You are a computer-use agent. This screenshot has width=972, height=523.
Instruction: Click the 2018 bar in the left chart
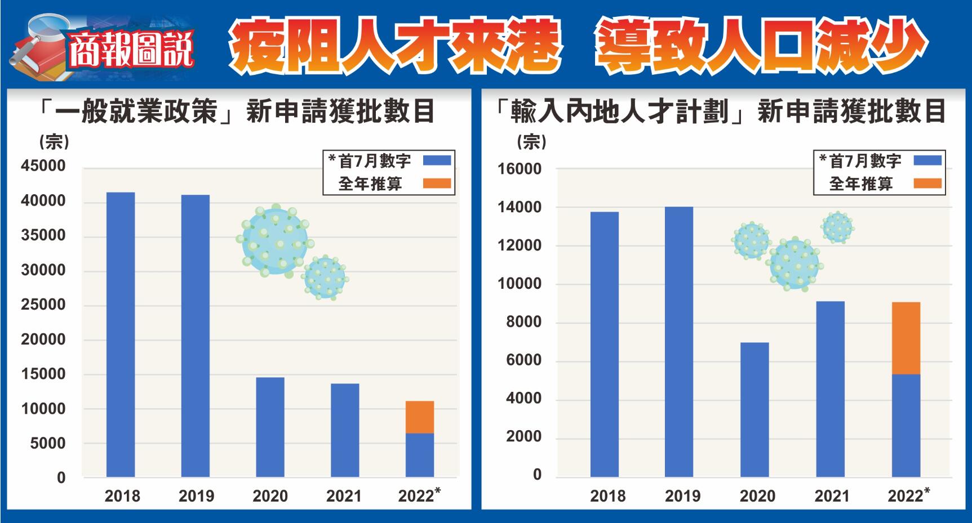(x=121, y=334)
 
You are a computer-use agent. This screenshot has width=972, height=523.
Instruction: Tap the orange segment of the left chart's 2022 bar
(x=420, y=417)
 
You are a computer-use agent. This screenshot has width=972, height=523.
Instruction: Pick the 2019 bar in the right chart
(x=679, y=342)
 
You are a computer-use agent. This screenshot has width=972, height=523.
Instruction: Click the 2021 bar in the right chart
(x=830, y=389)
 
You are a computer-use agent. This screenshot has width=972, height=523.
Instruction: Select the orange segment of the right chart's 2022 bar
(x=906, y=338)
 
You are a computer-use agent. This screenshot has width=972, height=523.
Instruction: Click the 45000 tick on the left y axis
(x=43, y=166)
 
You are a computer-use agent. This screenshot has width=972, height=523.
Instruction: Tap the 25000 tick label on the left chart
(x=43, y=305)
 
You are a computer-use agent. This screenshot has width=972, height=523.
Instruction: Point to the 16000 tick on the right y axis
(x=519, y=169)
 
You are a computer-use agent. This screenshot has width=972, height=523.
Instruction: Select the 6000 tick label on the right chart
(x=523, y=360)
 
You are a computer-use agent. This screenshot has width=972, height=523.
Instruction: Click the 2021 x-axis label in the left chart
(x=344, y=496)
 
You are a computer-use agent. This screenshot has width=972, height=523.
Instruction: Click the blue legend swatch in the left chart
(x=437, y=160)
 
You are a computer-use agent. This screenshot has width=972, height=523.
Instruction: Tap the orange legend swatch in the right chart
(x=927, y=184)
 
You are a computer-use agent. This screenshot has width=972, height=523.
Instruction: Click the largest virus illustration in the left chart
(x=275, y=240)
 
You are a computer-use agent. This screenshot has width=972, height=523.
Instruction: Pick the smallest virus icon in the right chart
(x=837, y=227)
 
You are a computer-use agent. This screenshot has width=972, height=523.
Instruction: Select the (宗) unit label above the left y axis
(x=54, y=142)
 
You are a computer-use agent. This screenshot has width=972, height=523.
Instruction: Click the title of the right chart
(x=720, y=111)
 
